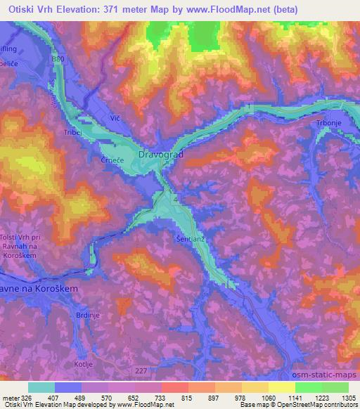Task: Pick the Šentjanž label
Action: pos(188,239)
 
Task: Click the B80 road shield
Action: pos(58,59)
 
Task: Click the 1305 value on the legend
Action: pos(349,397)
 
